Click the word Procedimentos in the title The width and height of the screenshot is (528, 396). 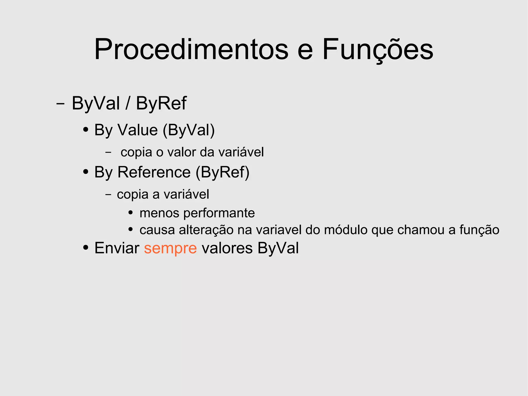[191, 49]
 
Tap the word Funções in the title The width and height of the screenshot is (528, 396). [378, 49]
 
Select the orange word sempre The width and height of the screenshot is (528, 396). [170, 248]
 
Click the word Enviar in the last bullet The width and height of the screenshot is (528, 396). [117, 248]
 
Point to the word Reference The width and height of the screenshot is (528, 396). [154, 172]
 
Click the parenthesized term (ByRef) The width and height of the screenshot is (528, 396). [222, 172]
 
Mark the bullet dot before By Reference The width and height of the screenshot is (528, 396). [86, 172]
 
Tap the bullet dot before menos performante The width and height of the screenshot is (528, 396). [131, 213]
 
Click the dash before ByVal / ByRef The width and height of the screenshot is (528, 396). [60, 104]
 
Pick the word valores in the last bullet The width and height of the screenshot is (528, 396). [227, 248]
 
